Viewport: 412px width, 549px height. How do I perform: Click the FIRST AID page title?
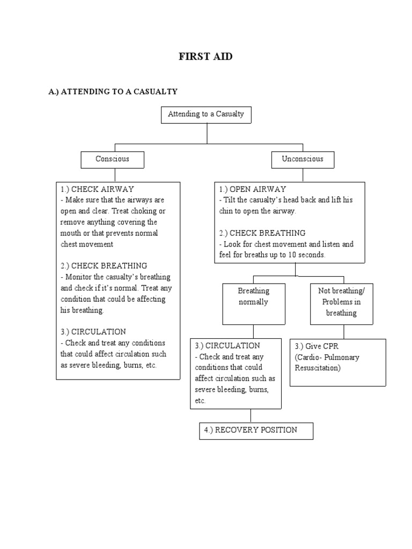click(x=205, y=57)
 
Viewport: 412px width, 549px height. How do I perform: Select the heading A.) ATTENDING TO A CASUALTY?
click(x=113, y=92)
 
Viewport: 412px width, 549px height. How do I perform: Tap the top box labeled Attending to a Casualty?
click(x=206, y=114)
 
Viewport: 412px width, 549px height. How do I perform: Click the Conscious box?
click(x=112, y=159)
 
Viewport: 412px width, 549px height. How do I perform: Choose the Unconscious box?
click(x=303, y=159)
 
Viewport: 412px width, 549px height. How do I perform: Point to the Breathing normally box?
click(x=254, y=303)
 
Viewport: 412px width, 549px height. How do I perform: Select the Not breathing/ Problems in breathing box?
click(x=341, y=303)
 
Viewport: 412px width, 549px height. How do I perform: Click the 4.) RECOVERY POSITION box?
click(x=256, y=431)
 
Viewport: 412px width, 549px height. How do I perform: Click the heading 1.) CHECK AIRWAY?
click(x=97, y=189)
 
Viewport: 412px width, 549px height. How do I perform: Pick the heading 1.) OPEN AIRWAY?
click(x=253, y=189)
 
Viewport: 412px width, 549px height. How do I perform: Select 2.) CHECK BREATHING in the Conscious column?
click(x=104, y=266)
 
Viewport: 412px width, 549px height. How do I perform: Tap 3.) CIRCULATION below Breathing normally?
click(x=227, y=346)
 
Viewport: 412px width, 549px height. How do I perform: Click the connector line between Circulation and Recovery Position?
click(x=251, y=416)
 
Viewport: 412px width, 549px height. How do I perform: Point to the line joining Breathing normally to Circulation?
click(x=254, y=331)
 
